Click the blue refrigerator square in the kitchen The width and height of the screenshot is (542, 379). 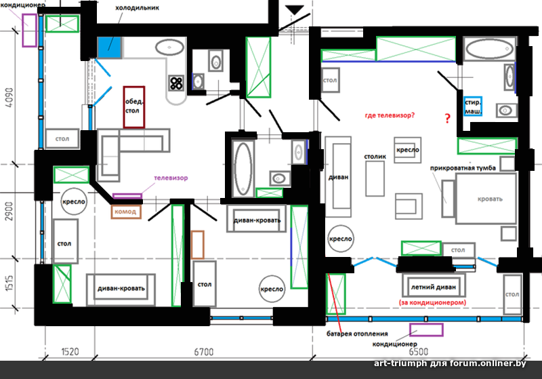coord(109,47)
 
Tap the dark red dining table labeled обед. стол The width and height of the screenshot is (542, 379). coord(133,107)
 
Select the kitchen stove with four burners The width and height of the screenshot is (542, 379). coord(176,83)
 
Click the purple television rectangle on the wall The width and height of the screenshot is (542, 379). coord(127,196)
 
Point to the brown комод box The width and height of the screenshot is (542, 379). coord(126,212)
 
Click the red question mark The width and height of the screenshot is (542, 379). coord(448,119)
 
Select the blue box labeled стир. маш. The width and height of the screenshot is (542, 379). coord(472,106)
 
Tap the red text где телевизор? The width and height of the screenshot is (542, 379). coord(390,115)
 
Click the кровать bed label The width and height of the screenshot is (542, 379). coord(490,199)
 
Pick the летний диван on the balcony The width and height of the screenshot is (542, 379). coord(433,287)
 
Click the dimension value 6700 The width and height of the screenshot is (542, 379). coord(204,352)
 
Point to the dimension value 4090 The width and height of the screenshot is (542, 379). coord(9,98)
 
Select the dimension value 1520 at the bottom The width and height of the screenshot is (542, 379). coord(70,352)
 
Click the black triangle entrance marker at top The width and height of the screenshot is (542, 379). coord(295,9)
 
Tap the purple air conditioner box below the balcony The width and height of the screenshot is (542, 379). coord(426,330)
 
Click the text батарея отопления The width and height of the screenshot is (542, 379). coord(357,334)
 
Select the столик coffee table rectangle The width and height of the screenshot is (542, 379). coord(375,178)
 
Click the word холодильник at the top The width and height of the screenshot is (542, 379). coord(138,7)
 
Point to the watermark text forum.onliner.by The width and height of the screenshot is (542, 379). coord(488,363)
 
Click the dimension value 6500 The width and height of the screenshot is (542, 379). coord(418,352)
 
